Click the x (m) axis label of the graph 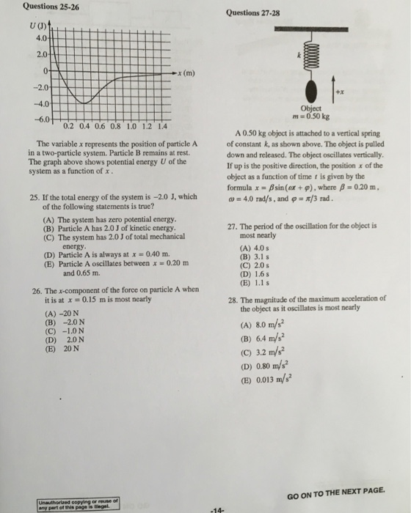(189, 73)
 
